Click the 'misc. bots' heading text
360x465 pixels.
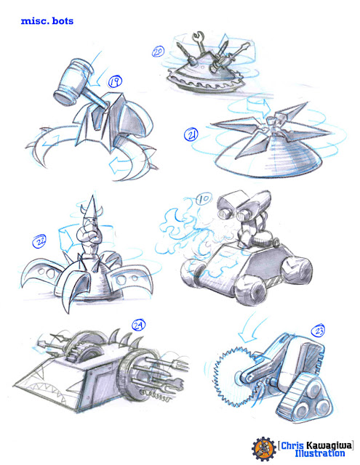pyautogui.click(x=47, y=21)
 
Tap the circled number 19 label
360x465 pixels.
pyautogui.click(x=115, y=81)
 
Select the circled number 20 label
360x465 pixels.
pyautogui.click(x=158, y=52)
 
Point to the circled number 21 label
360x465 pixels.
pyautogui.click(x=191, y=135)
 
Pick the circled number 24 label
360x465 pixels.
pyautogui.click(x=139, y=325)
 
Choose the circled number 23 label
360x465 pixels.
pyautogui.click(x=318, y=331)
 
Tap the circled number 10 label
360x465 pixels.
pyautogui.click(x=204, y=199)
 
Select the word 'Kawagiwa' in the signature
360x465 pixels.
pyautogui.click(x=329, y=445)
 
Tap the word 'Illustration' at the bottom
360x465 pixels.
pyautogui.click(x=320, y=453)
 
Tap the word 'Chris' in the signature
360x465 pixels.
pyautogui.click(x=292, y=445)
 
